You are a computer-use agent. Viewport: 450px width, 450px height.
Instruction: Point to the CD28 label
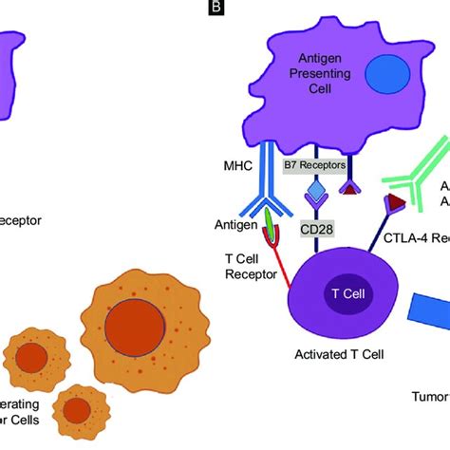[x=317, y=228]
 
